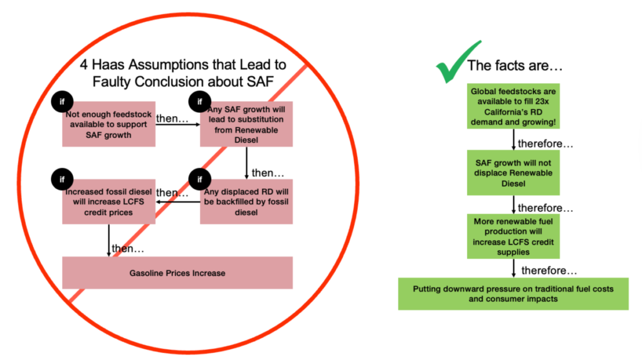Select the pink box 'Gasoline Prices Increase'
point(177,273)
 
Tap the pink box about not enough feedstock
point(109,124)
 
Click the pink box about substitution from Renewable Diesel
point(246,124)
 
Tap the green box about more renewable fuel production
point(513,235)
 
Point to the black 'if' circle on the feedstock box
point(63,102)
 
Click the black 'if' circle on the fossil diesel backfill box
point(200,180)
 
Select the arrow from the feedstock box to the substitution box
point(177,124)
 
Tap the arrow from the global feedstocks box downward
point(513,139)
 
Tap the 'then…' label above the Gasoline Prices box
point(128,249)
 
